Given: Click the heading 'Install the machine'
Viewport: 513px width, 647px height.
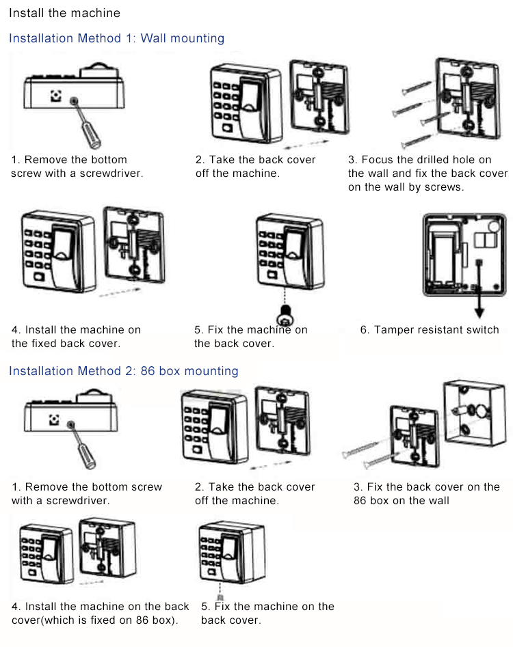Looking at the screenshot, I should click(64, 13).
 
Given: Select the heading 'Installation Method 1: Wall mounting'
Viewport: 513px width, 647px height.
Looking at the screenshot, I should click(116, 38).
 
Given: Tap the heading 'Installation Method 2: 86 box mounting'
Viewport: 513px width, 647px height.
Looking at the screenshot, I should click(123, 371).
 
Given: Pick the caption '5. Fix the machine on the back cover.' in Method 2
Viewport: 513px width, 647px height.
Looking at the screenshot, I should click(267, 613).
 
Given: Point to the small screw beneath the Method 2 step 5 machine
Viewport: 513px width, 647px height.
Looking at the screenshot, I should click(220, 596).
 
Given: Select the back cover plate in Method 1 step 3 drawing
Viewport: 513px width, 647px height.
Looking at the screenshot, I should click(465, 96).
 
